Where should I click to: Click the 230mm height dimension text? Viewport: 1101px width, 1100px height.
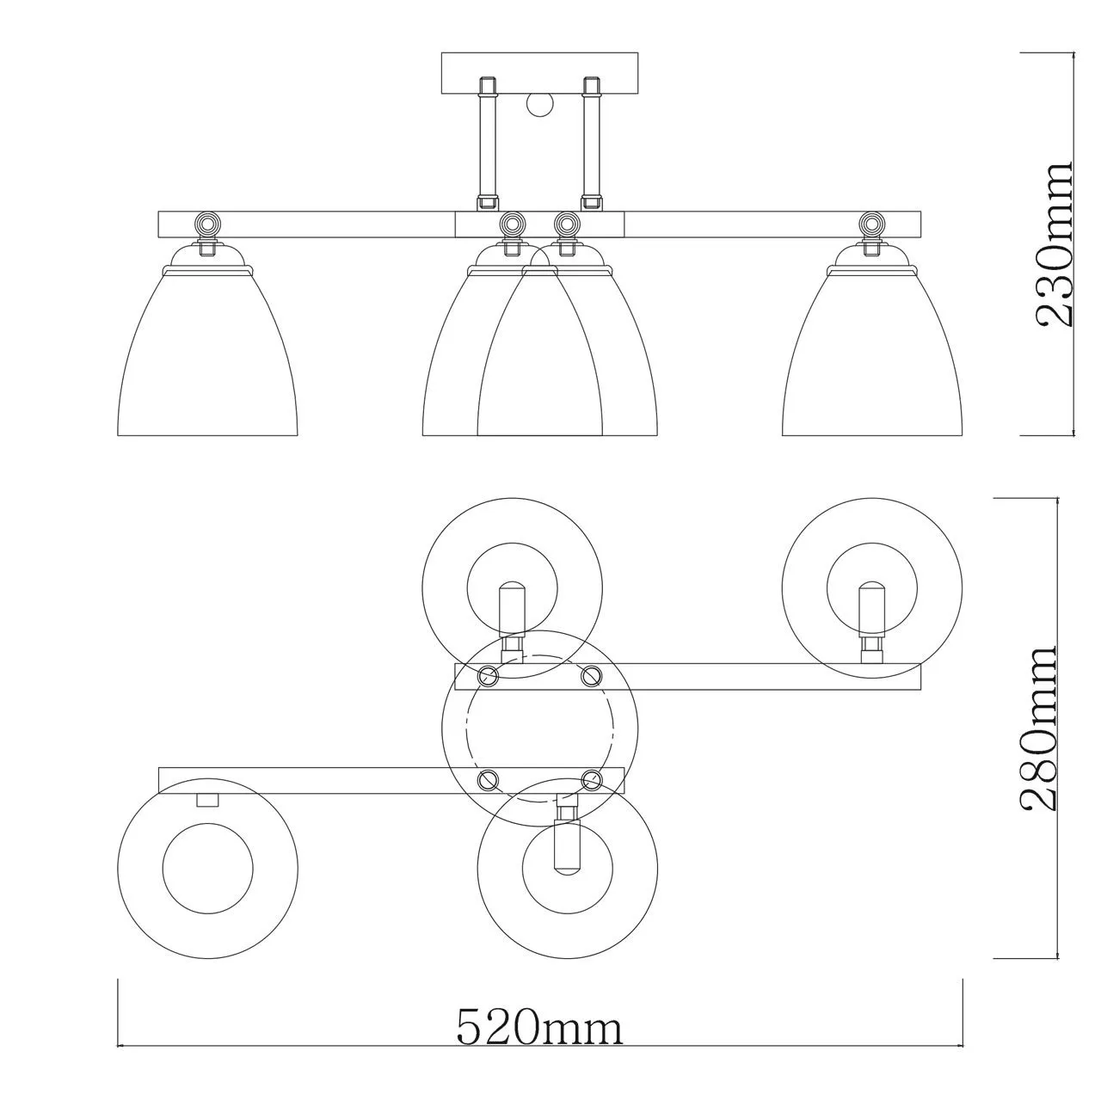pos(1056,244)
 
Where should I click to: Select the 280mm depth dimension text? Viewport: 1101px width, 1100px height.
pos(1037,728)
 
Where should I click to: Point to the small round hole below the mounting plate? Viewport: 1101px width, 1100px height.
pos(540,105)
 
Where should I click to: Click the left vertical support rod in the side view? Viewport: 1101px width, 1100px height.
pos(487,143)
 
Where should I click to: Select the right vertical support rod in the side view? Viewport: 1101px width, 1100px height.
pos(590,143)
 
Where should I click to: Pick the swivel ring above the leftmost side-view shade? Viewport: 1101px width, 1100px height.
pos(206,221)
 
